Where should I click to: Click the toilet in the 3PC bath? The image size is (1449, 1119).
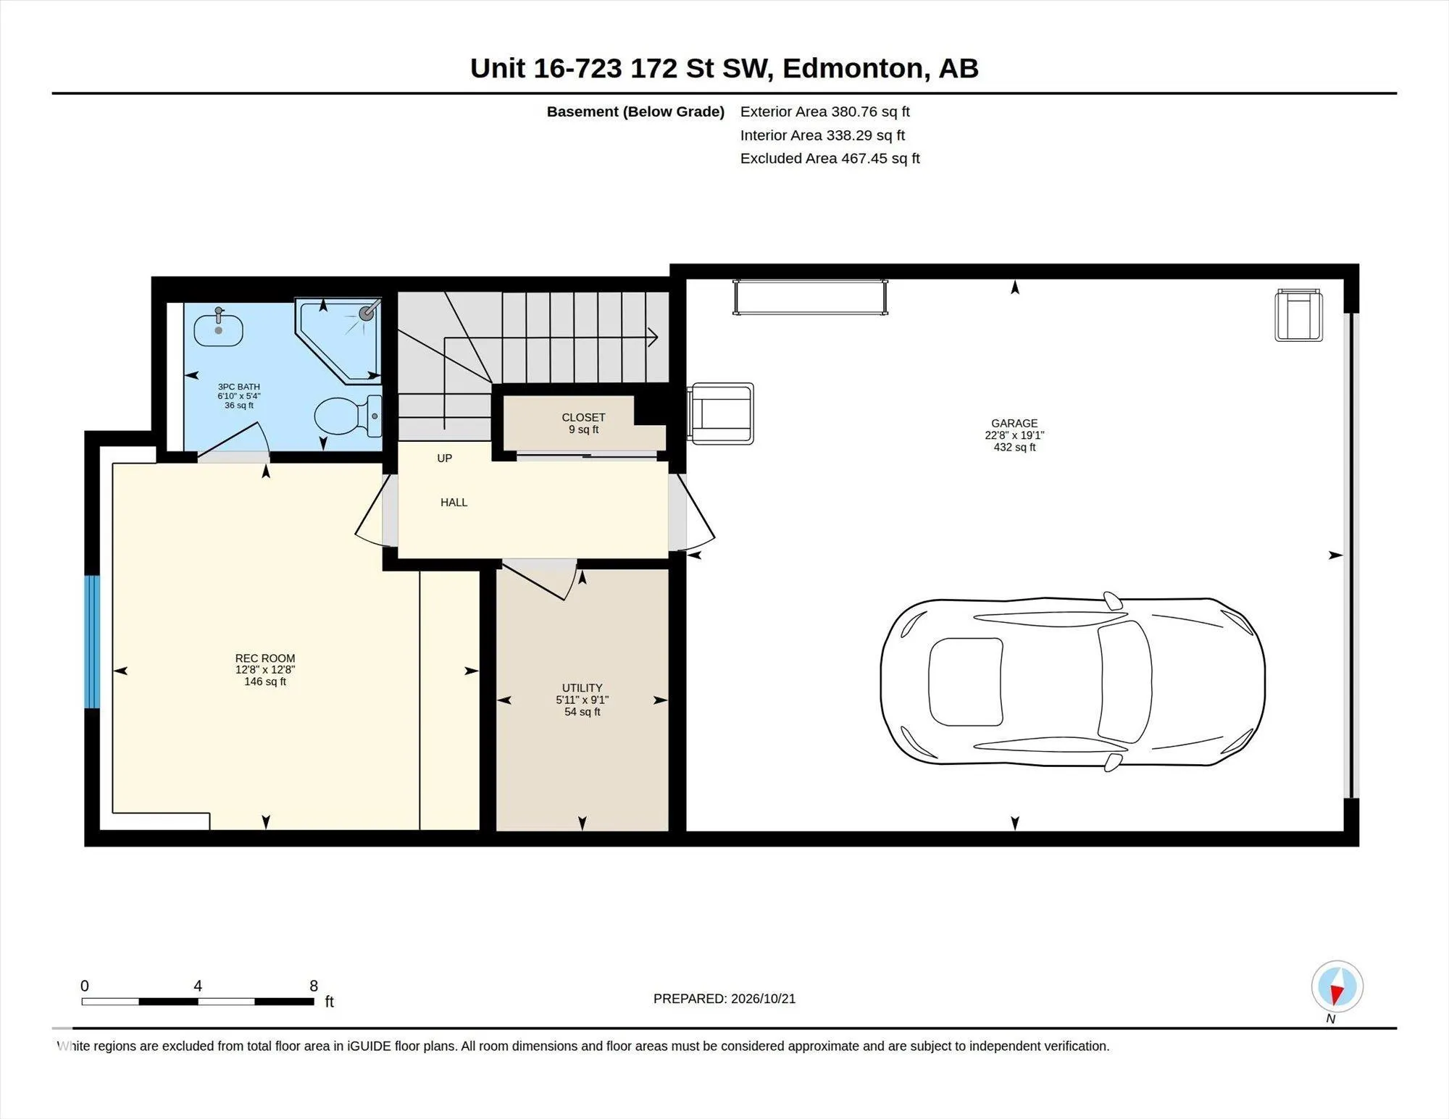pyautogui.click(x=348, y=416)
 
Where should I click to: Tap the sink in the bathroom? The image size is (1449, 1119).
pyautogui.click(x=218, y=328)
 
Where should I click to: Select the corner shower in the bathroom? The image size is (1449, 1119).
pyautogui.click(x=338, y=339)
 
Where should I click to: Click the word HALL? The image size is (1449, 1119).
pyautogui.click(x=454, y=503)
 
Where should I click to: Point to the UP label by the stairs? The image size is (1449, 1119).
pyautogui.click(x=445, y=458)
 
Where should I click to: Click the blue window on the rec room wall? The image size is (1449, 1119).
pyautogui.click(x=92, y=642)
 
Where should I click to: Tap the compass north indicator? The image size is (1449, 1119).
pyautogui.click(x=1337, y=986)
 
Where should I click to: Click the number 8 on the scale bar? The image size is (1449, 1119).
pyautogui.click(x=314, y=986)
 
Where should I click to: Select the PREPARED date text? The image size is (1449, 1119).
pyautogui.click(x=724, y=999)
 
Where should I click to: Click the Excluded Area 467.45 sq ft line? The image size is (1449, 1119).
pyautogui.click(x=830, y=159)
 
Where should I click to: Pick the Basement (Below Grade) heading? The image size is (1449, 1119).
pyautogui.click(x=635, y=112)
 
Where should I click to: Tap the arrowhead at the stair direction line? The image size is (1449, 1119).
pyautogui.click(x=653, y=337)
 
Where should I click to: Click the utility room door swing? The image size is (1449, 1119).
pyautogui.click(x=540, y=580)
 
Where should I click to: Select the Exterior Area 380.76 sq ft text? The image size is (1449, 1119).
pyautogui.click(x=825, y=112)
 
